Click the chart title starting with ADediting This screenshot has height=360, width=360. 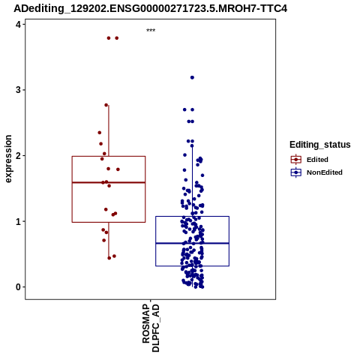coord(150,8)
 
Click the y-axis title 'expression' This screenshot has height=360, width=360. coord(8,159)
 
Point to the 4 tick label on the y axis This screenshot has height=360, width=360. coord(18,25)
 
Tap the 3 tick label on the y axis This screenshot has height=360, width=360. coord(18,90)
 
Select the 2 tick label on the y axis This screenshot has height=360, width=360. coord(18,156)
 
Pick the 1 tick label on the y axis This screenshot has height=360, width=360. coord(18,221)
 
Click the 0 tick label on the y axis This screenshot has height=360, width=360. coord(18,287)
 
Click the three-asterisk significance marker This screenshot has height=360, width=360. coord(151,31)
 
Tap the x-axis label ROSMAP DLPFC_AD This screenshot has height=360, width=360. coord(151,328)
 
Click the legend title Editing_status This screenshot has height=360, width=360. coord(320,145)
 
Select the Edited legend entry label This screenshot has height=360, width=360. coord(317,160)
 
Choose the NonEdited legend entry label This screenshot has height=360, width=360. coord(325,172)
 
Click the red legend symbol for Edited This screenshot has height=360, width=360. coord(296,160)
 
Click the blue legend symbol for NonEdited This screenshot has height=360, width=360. coord(296,172)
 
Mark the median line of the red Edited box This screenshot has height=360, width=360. coord(109,182)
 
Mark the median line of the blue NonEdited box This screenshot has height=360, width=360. coord(193,243)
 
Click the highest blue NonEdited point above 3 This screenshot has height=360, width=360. coord(192,77)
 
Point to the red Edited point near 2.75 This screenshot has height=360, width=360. coord(106,105)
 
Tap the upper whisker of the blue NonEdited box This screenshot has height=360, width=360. coord(193,181)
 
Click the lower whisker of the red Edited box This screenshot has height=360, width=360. coord(109,240)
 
